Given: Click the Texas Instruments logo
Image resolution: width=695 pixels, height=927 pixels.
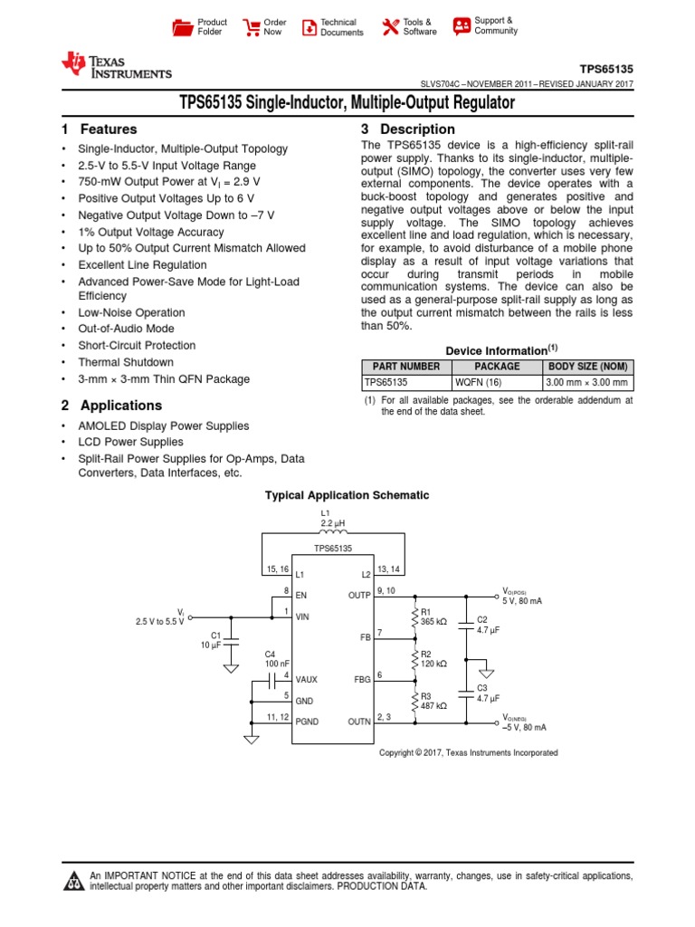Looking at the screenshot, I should tap(115, 64).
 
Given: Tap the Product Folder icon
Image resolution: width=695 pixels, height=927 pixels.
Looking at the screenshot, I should tap(183, 27).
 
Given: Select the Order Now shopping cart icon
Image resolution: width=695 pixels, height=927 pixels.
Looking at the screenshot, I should tap(251, 27).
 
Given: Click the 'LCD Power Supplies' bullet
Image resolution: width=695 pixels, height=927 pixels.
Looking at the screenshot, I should tap(130, 443).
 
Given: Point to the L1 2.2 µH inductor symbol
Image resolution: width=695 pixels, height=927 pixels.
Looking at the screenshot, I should tap(334, 533).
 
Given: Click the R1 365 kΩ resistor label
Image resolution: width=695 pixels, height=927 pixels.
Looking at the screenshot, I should tap(433, 616).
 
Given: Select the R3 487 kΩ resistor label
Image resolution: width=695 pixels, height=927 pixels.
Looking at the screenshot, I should tap(433, 700).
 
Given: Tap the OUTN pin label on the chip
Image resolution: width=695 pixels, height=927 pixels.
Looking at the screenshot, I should tap(359, 722).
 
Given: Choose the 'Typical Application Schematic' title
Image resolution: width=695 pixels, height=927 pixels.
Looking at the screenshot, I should tap(347, 495).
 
